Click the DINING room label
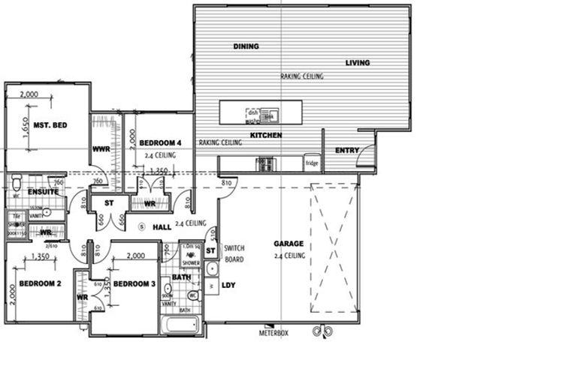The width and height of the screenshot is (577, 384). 246,46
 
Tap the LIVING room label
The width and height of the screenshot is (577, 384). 358,63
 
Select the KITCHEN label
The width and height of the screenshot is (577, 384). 266,135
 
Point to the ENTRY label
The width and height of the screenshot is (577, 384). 347,150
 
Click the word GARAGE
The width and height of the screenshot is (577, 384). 288,244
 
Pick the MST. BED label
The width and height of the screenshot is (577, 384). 52,124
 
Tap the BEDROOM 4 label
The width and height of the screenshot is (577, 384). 160,142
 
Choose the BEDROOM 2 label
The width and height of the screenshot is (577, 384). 40,283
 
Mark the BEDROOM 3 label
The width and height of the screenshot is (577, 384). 134,283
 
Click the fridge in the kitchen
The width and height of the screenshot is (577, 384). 312,163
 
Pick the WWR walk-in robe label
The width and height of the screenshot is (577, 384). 101,149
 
